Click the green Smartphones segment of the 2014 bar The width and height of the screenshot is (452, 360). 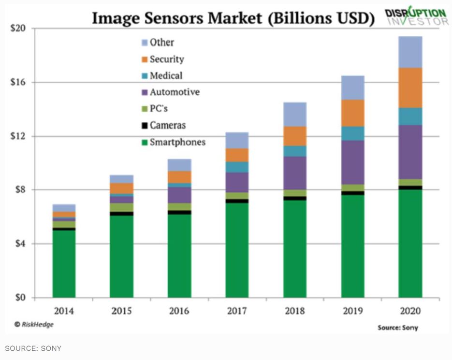(x=64, y=263)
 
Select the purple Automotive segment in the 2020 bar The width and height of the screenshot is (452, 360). (x=410, y=152)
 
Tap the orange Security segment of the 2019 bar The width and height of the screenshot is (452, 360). (x=353, y=113)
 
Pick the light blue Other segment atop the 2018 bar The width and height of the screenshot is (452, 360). (x=295, y=114)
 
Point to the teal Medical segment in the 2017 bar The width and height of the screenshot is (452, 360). (x=237, y=167)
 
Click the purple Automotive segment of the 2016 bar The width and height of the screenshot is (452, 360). (x=179, y=195)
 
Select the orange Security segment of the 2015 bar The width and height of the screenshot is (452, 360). (x=122, y=188)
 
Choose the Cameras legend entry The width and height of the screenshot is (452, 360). (x=167, y=126)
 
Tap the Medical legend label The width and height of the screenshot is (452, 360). (x=166, y=76)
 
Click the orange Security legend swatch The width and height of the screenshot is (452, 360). (x=144, y=59)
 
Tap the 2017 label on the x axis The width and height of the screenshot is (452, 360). (x=237, y=311)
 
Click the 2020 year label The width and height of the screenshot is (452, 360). (x=410, y=311)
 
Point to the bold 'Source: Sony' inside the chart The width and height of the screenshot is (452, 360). (x=398, y=328)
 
